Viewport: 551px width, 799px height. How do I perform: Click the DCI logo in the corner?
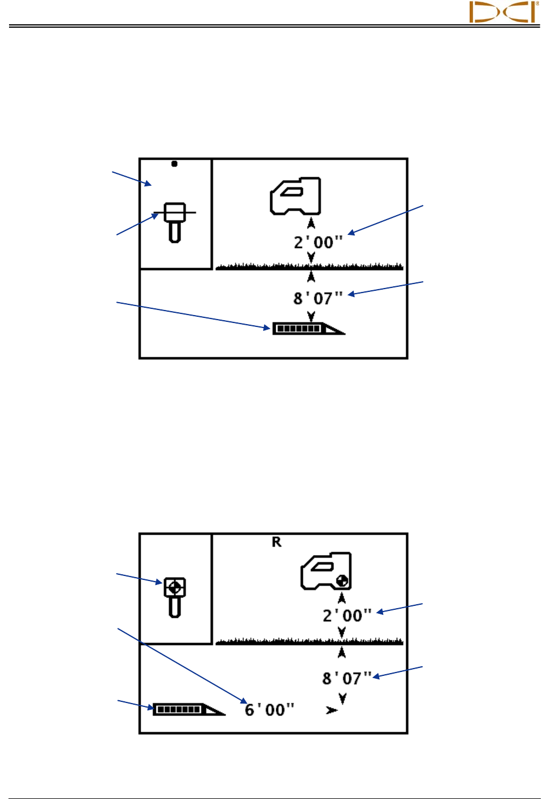tap(503, 12)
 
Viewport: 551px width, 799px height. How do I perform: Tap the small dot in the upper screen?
tap(175, 164)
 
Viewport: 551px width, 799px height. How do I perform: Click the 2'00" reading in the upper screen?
tap(318, 242)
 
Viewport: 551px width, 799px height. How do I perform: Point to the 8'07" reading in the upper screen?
tap(318, 298)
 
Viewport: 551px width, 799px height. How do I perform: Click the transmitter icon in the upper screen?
tap(308, 329)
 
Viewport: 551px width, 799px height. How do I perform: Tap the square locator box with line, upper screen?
tap(175, 213)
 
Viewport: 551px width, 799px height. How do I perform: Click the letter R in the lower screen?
tap(276, 542)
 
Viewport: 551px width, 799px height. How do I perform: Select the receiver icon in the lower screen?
tap(326, 571)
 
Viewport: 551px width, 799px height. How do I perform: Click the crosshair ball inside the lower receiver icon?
tap(342, 580)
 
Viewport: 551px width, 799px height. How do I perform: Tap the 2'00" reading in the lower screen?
tap(347, 615)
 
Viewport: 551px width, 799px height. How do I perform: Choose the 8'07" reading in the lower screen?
tap(347, 678)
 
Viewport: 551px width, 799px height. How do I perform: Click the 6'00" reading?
tap(270, 709)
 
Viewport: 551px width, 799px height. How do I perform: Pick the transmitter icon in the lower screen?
tap(188, 709)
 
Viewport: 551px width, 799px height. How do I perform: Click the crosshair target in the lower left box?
tap(175, 587)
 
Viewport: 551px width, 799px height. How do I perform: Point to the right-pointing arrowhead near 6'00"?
tap(332, 710)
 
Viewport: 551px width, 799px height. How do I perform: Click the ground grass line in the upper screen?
tap(310, 267)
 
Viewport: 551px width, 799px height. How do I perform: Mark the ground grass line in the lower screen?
tap(310, 641)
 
